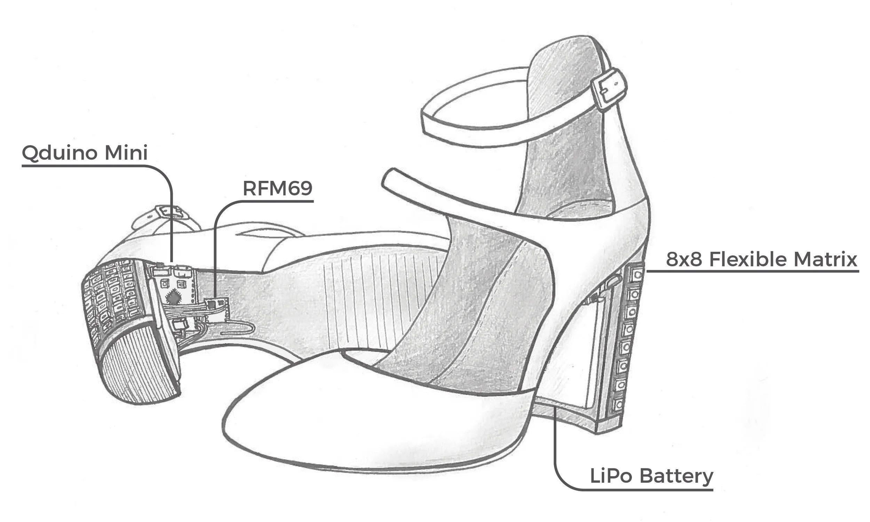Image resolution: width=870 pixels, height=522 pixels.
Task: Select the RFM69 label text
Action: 277,188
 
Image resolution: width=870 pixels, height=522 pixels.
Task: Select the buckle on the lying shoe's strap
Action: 168,212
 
